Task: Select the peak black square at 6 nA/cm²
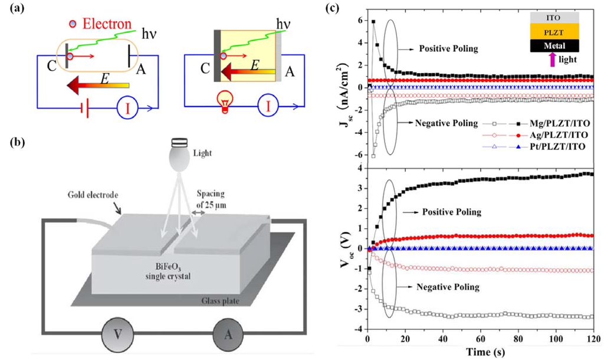pyautogui.click(x=373, y=22)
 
